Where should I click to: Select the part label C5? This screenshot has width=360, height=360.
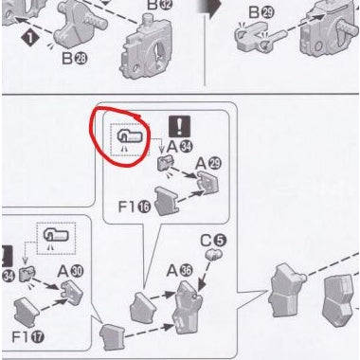(x=222, y=242)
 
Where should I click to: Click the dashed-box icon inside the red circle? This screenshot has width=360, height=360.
(x=131, y=141)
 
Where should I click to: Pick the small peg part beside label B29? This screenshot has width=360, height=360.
(x=252, y=39)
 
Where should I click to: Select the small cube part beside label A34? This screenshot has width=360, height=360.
(x=163, y=165)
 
